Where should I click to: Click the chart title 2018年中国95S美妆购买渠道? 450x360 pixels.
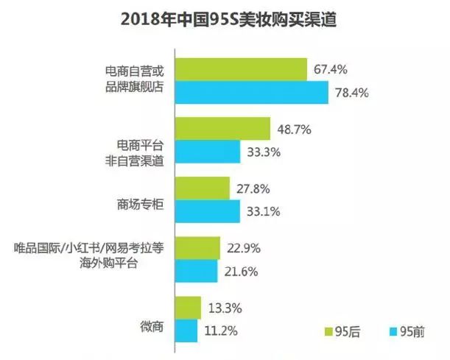[x=225, y=18]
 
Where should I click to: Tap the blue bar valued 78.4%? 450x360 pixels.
[x=252, y=92]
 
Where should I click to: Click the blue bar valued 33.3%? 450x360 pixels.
[x=208, y=152]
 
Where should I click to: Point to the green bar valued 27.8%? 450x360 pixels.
[x=203, y=188]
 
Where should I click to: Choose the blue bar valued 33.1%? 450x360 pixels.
[x=208, y=211]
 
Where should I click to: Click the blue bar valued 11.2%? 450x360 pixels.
[x=187, y=331]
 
